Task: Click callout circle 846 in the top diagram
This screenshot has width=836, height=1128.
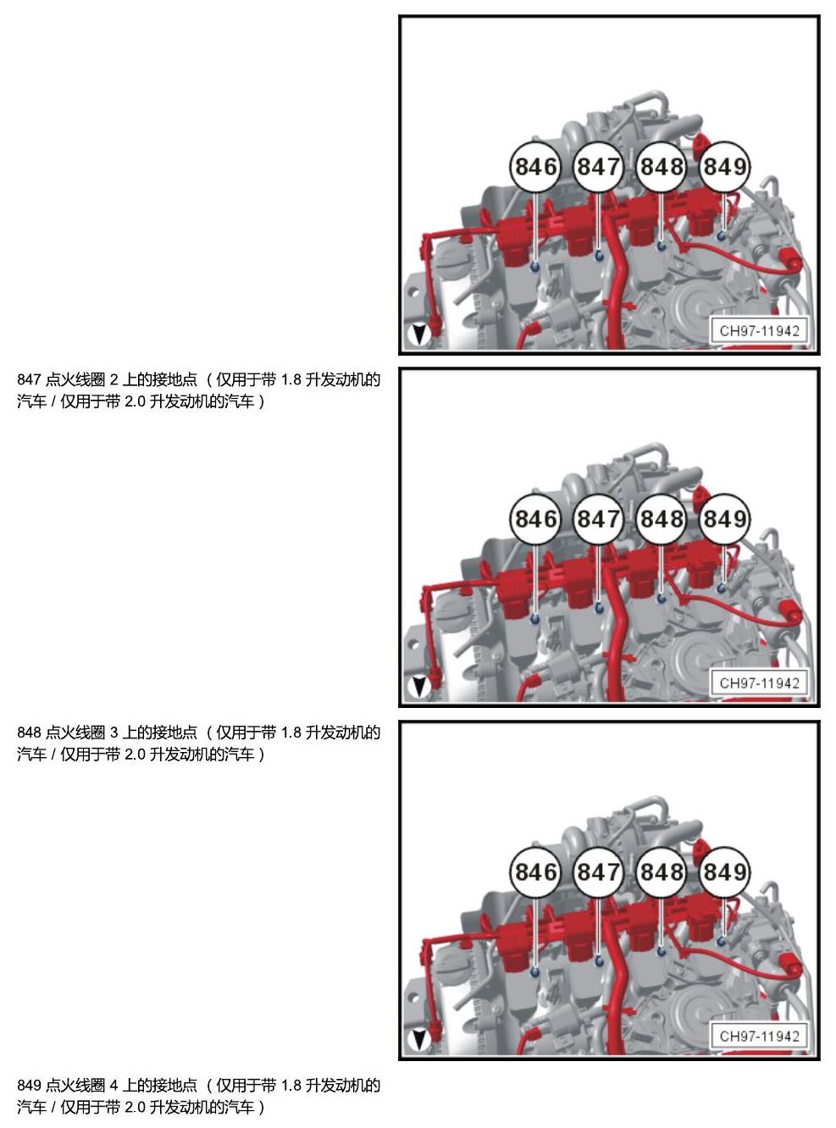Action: pyautogui.click(x=534, y=167)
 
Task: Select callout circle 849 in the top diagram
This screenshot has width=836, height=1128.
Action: pyautogui.click(x=724, y=167)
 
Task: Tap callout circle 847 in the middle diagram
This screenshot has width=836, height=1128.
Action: pyautogui.click(x=598, y=519)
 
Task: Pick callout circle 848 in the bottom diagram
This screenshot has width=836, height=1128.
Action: pyautogui.click(x=662, y=872)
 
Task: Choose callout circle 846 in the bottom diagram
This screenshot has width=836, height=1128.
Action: pyautogui.click(x=534, y=872)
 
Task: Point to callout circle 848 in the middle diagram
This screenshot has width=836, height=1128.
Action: pyautogui.click(x=662, y=519)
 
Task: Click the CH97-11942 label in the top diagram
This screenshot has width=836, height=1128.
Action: pyautogui.click(x=759, y=331)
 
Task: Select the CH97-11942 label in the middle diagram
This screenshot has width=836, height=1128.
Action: pyautogui.click(x=759, y=683)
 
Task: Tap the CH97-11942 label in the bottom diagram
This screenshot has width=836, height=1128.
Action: pyautogui.click(x=759, y=1036)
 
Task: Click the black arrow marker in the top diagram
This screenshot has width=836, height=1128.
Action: pyautogui.click(x=419, y=335)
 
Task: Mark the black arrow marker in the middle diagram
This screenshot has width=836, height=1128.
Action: pyautogui.click(x=419, y=687)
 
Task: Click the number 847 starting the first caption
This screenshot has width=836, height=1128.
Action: pyautogui.click(x=29, y=380)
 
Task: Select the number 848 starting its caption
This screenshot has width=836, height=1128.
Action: pyautogui.click(x=29, y=733)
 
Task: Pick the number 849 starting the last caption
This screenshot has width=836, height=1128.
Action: pyautogui.click(x=29, y=1085)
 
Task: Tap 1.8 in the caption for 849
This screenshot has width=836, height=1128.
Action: pyautogui.click(x=291, y=1085)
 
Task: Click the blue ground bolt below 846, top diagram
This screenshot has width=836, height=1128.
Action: pyautogui.click(x=534, y=266)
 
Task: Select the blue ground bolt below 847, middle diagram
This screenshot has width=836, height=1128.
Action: pyautogui.click(x=599, y=606)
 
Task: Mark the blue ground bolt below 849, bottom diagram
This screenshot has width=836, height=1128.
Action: pyautogui.click(x=722, y=942)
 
